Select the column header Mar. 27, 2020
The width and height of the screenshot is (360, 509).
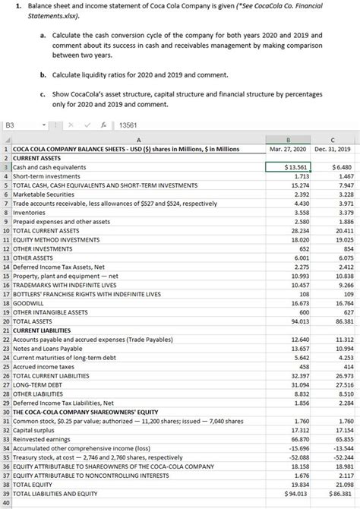288,150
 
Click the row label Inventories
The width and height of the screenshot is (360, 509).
33,213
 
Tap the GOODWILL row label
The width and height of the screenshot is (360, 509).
30,303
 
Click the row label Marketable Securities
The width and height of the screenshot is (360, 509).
43,194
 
